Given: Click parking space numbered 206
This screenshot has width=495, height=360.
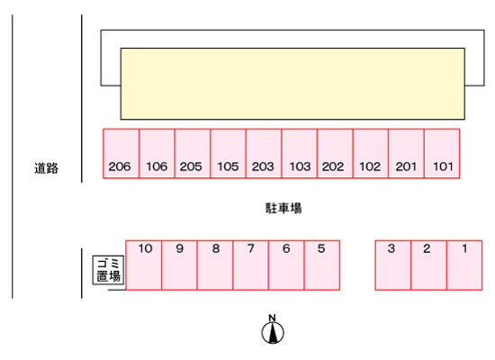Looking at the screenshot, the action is click(x=121, y=154).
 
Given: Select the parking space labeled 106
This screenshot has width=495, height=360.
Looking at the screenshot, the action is click(x=157, y=154).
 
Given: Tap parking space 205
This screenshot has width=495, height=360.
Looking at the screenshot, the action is click(x=193, y=154).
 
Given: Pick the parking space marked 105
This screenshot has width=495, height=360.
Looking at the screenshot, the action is click(x=229, y=154).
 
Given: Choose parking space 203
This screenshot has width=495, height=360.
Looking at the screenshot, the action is click(x=264, y=154).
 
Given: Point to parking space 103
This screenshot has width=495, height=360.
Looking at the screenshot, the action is click(x=300, y=154).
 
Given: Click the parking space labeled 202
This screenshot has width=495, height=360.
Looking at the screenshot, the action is click(x=336, y=154).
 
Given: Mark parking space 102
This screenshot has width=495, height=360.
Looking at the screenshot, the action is click(x=371, y=154).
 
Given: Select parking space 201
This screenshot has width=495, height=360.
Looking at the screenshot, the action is click(x=407, y=154).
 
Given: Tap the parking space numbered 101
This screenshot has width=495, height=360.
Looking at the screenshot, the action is click(x=442, y=154).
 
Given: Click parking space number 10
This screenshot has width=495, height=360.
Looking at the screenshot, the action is click(x=144, y=265).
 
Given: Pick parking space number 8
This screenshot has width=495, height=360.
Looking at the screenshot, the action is click(x=215, y=265).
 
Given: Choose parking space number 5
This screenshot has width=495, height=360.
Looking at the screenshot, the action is click(x=322, y=265).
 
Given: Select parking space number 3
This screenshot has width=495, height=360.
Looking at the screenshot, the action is click(x=393, y=265).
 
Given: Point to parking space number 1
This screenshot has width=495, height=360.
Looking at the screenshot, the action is click(x=464, y=265).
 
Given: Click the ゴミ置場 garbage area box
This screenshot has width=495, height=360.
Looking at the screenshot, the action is click(x=108, y=270).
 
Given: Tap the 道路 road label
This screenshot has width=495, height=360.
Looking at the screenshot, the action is click(x=47, y=168).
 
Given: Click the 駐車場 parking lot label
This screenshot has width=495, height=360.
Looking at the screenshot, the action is click(x=283, y=208).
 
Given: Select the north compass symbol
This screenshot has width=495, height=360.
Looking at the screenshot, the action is click(x=273, y=329).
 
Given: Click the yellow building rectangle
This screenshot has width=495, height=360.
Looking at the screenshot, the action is click(x=292, y=84).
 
